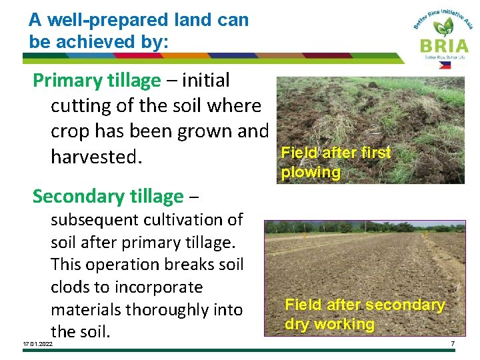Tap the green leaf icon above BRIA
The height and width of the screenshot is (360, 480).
[x=443, y=27]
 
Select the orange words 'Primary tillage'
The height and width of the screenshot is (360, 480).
[x=97, y=81]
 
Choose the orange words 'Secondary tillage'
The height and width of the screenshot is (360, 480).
[x=107, y=196]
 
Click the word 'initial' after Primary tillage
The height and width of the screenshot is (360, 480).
[x=205, y=81]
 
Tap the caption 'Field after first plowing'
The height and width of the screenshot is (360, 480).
[x=335, y=162]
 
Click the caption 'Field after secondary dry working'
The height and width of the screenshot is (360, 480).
[x=364, y=314]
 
